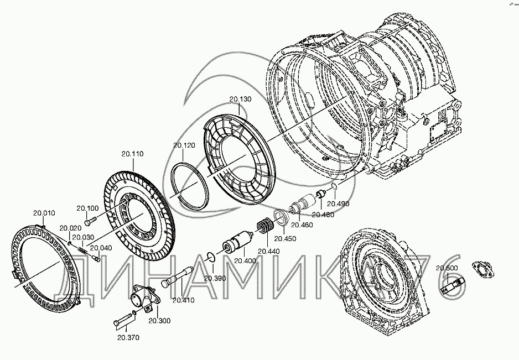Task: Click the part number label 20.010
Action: click(x=44, y=213)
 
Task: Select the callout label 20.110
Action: click(x=132, y=153)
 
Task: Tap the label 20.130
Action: click(x=240, y=100)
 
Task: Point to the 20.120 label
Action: click(x=184, y=145)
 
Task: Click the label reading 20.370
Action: click(x=128, y=337)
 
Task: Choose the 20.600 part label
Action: click(x=447, y=269)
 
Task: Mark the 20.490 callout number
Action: click(x=338, y=204)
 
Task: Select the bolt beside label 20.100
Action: click(x=91, y=221)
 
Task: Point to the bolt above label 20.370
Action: click(x=124, y=320)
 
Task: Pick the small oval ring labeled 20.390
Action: click(x=209, y=256)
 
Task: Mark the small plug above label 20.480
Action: click(x=319, y=195)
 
